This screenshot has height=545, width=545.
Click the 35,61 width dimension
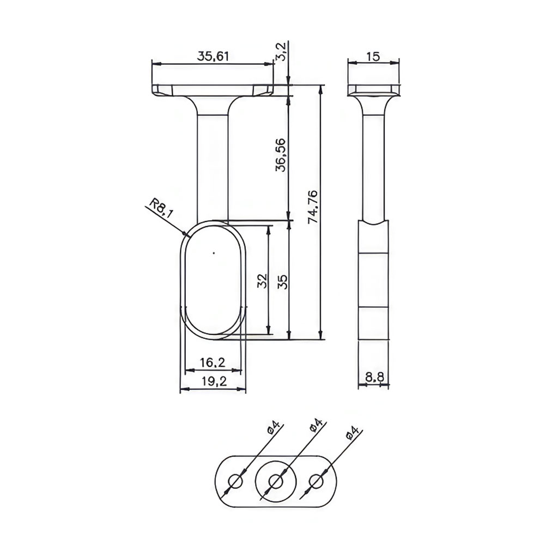[213, 56]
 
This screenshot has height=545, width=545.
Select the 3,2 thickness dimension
[281, 51]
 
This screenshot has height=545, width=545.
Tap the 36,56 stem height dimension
[280, 155]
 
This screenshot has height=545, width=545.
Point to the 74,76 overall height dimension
[312, 206]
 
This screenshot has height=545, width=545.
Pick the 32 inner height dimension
[262, 281]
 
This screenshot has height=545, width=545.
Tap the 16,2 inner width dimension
[213, 362]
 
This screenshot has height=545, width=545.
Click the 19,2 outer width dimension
[214, 381]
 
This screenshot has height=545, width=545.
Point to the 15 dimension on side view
[373, 56]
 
